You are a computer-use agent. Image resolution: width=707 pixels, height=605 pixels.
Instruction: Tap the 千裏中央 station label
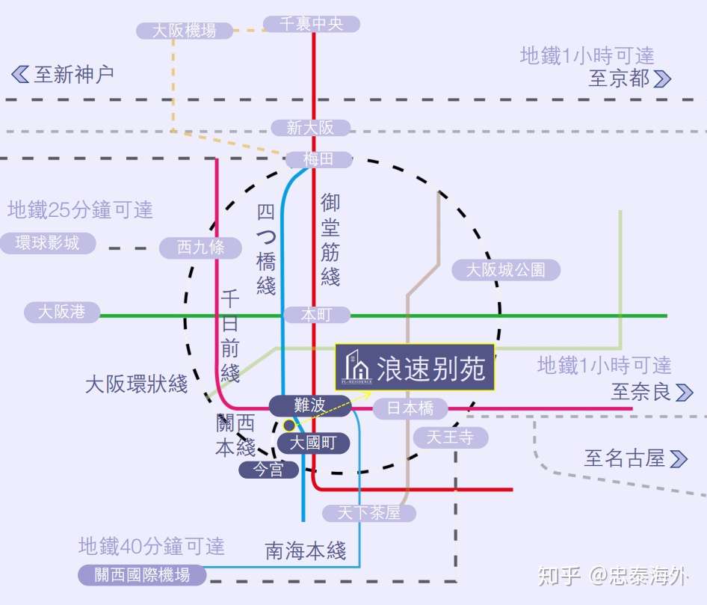[x=312, y=24]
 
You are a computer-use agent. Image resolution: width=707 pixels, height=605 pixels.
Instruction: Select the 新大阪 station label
[x=310, y=128]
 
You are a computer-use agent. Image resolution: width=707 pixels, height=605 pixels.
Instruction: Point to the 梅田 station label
[x=318, y=159]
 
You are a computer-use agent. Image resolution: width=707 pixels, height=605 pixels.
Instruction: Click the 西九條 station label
[x=201, y=248]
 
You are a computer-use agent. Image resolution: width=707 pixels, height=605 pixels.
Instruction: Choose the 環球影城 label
[x=48, y=243]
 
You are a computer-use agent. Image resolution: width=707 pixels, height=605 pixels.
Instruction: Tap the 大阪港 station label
[x=62, y=312]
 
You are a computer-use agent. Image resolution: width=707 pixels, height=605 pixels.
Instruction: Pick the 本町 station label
[x=316, y=315]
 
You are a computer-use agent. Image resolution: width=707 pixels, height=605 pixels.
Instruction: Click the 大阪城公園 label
[x=505, y=270]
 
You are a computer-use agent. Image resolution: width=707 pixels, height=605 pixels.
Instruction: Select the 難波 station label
[x=309, y=405]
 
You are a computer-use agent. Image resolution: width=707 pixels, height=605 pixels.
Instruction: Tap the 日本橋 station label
[x=410, y=408]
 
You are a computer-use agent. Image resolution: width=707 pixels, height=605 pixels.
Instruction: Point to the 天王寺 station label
[x=450, y=437]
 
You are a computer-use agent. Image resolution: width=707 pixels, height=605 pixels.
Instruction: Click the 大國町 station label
[x=313, y=443]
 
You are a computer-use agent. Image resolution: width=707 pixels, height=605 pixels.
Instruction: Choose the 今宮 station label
[x=268, y=470]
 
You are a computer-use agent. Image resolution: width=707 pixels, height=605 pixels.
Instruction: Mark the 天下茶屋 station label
[x=369, y=513]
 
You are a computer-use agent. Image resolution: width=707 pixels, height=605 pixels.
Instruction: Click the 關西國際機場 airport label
[x=142, y=574]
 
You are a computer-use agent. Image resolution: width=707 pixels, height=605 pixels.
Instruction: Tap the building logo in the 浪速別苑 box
[x=356, y=366]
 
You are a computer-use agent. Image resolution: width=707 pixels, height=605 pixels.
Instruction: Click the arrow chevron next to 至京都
[x=662, y=79]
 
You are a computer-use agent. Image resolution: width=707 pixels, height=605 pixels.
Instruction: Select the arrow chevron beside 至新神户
[x=20, y=74]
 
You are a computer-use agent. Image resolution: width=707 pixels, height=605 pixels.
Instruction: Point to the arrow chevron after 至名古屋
[x=679, y=458]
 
